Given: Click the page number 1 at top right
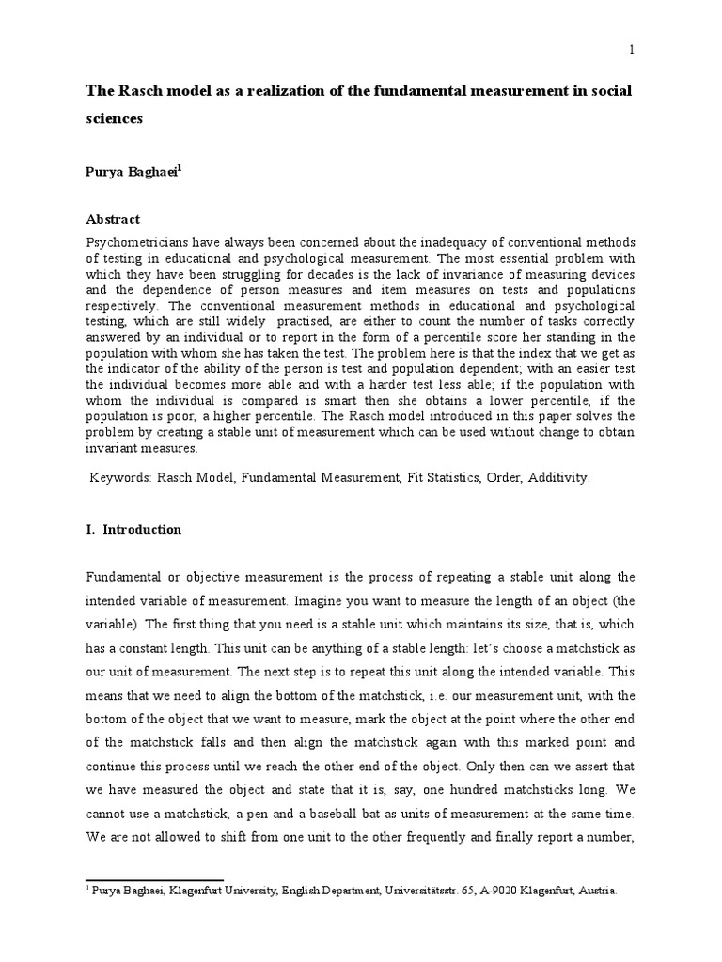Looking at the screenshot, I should pos(632,51).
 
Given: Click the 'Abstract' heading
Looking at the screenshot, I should pos(113,219).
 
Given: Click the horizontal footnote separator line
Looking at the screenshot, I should pos(154,881).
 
